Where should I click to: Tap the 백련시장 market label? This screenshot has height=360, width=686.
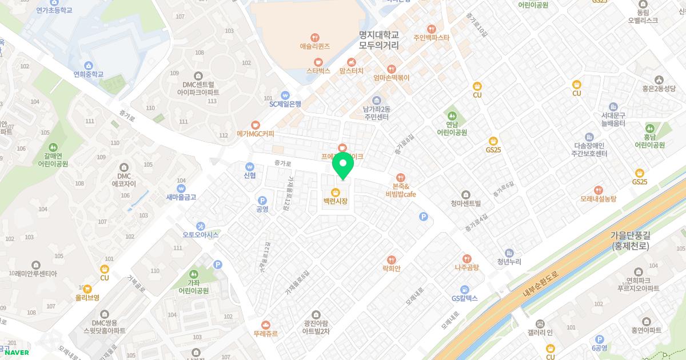[x=335, y=201]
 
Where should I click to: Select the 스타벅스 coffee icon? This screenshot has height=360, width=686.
[x=318, y=62]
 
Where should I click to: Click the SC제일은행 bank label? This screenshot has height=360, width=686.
[x=285, y=104]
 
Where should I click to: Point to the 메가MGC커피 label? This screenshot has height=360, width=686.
[x=255, y=134]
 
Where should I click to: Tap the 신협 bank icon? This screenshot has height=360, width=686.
[x=249, y=166]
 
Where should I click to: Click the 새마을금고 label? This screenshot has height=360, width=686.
[x=181, y=197]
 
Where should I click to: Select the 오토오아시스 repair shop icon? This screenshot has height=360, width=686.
[x=201, y=226]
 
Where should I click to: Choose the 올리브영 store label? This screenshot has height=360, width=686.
[x=87, y=297]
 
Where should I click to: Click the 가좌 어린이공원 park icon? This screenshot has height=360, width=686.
[x=194, y=274]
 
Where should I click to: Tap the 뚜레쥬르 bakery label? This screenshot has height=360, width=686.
[x=265, y=333]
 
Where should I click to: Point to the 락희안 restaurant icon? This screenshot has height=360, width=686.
[x=392, y=259]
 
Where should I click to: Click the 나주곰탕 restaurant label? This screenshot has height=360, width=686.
[x=466, y=267]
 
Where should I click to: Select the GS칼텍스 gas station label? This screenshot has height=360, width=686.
[x=464, y=298]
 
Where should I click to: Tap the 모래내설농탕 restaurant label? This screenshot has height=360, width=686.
[x=598, y=198]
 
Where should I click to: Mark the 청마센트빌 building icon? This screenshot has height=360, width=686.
[x=466, y=194]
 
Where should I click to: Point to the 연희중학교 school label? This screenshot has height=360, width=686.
[x=89, y=74]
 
